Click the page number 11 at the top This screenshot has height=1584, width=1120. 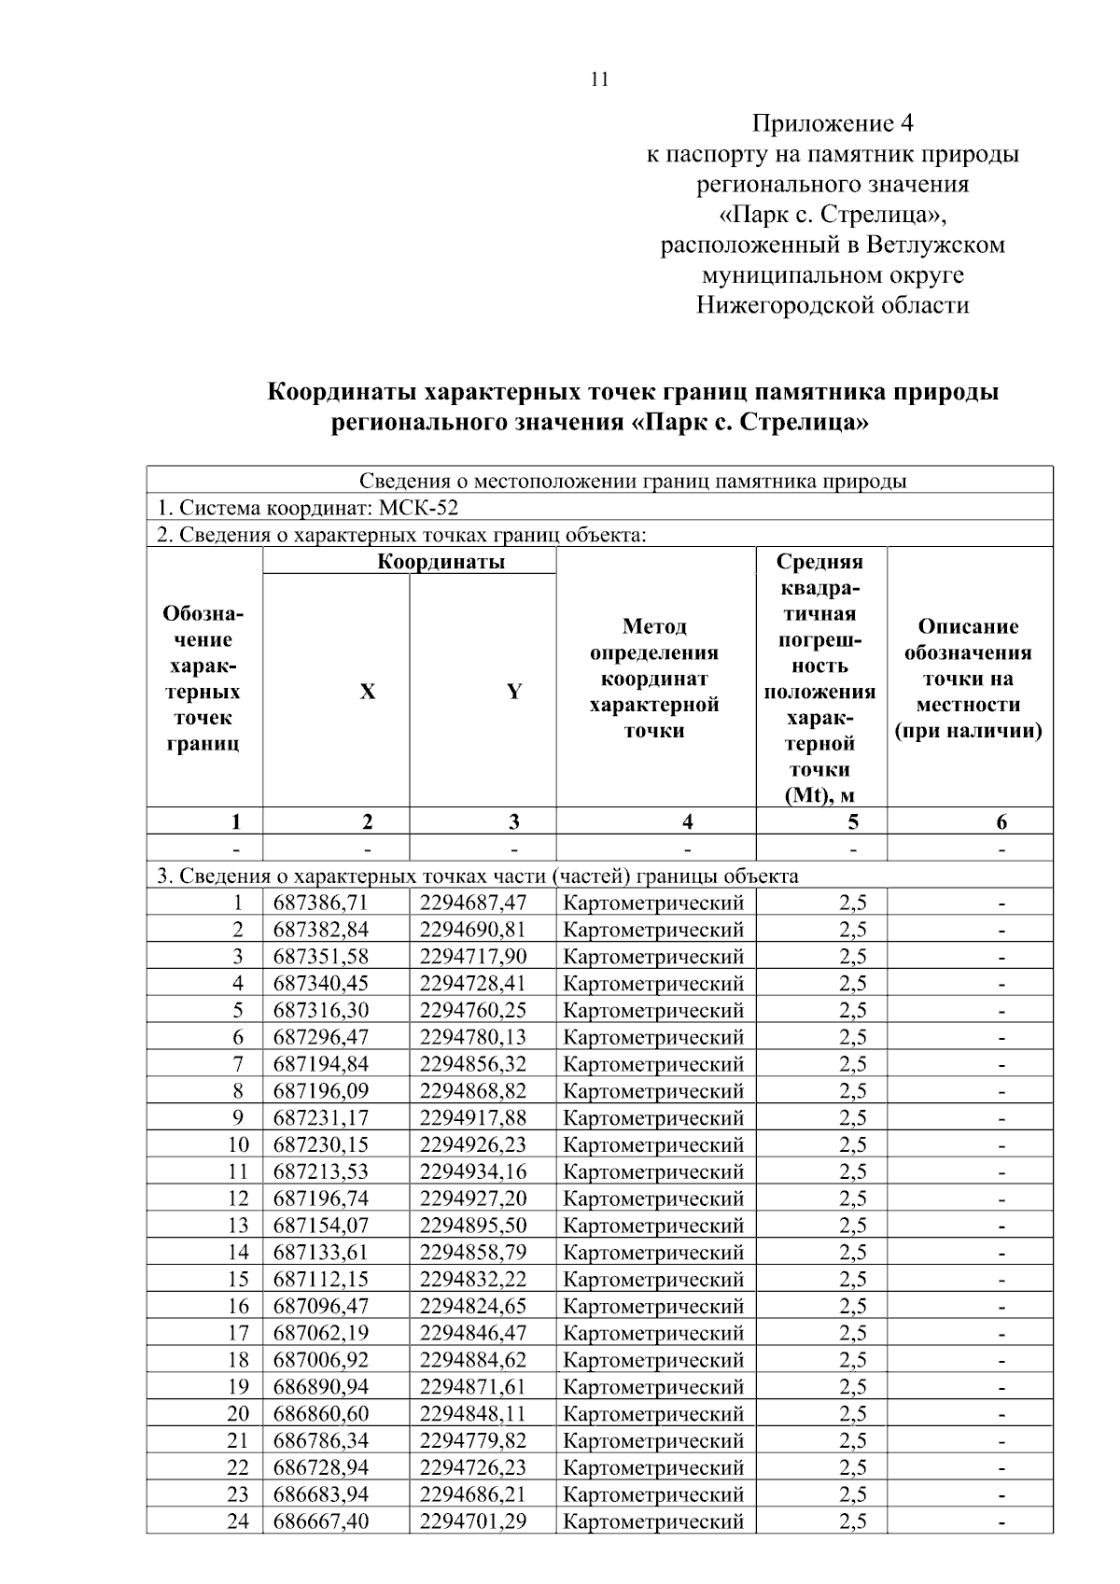(x=600, y=79)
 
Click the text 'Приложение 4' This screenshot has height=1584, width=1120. (x=833, y=123)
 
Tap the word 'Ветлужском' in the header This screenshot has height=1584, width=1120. (x=936, y=245)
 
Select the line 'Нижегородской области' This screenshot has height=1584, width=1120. (x=833, y=305)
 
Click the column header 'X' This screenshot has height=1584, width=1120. (x=368, y=692)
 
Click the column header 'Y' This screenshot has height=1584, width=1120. (x=514, y=692)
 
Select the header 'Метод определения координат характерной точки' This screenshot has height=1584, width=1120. (x=655, y=679)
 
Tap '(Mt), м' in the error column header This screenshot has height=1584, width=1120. (x=819, y=795)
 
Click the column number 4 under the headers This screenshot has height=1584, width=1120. (x=687, y=821)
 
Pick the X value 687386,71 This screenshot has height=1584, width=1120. (x=321, y=903)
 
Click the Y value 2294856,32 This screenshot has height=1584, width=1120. (x=472, y=1064)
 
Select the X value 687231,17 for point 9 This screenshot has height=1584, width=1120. (x=321, y=1118)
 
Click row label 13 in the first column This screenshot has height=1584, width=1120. (x=238, y=1226)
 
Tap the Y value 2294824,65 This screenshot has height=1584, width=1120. (x=472, y=1306)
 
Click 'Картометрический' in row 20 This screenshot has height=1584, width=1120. (x=653, y=1414)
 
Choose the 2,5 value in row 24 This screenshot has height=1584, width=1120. (x=852, y=1521)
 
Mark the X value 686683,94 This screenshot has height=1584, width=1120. (x=321, y=1494)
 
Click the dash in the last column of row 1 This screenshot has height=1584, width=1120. (x=1001, y=903)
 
